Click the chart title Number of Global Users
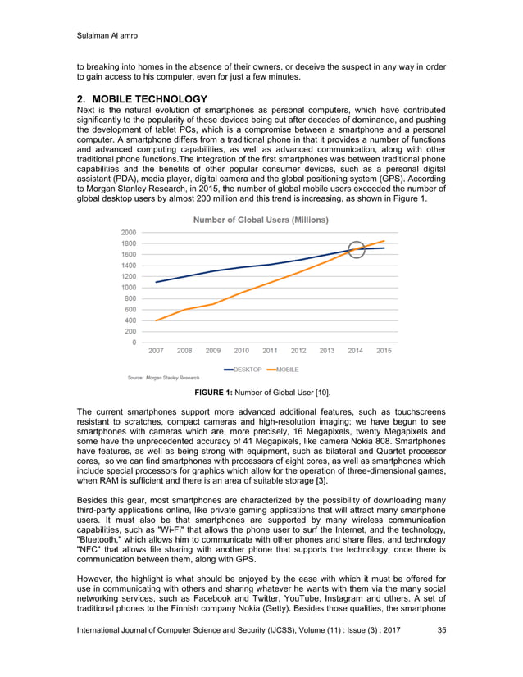coord(261,220)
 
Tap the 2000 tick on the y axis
coord(129,232)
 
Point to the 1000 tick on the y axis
coord(129,288)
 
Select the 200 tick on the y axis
coord(130,332)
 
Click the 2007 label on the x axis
coord(156,351)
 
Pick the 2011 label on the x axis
coord(270,351)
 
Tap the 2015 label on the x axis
coord(383,351)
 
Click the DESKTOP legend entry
coord(246,370)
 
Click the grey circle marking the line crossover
coord(356,249)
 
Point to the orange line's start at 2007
coord(156,320)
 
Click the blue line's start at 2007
coord(156,282)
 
